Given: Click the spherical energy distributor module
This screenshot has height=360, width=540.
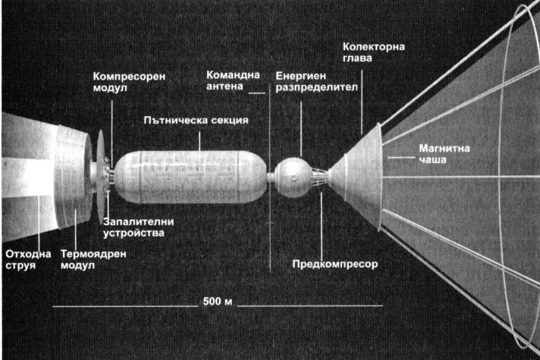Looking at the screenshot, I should [293, 177].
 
